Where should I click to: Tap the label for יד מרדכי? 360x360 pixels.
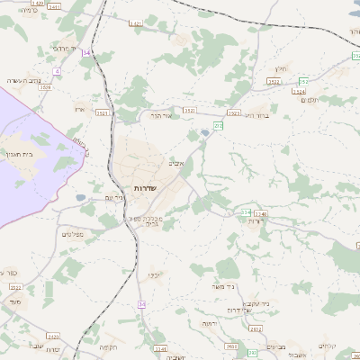pos(66,48)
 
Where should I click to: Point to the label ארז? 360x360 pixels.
pos(79,109)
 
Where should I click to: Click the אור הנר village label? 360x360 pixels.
pos(160,115)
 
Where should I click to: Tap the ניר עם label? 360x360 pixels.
pos(114,197)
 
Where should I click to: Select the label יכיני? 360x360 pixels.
pos(155,274)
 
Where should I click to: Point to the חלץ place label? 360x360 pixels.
pos(280,68)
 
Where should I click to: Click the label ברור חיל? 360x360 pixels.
pos(258,116)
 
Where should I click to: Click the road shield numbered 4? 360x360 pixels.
pos(56,70)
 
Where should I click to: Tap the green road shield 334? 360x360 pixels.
pos(245,212)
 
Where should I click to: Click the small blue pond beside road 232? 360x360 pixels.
pos(206,133)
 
